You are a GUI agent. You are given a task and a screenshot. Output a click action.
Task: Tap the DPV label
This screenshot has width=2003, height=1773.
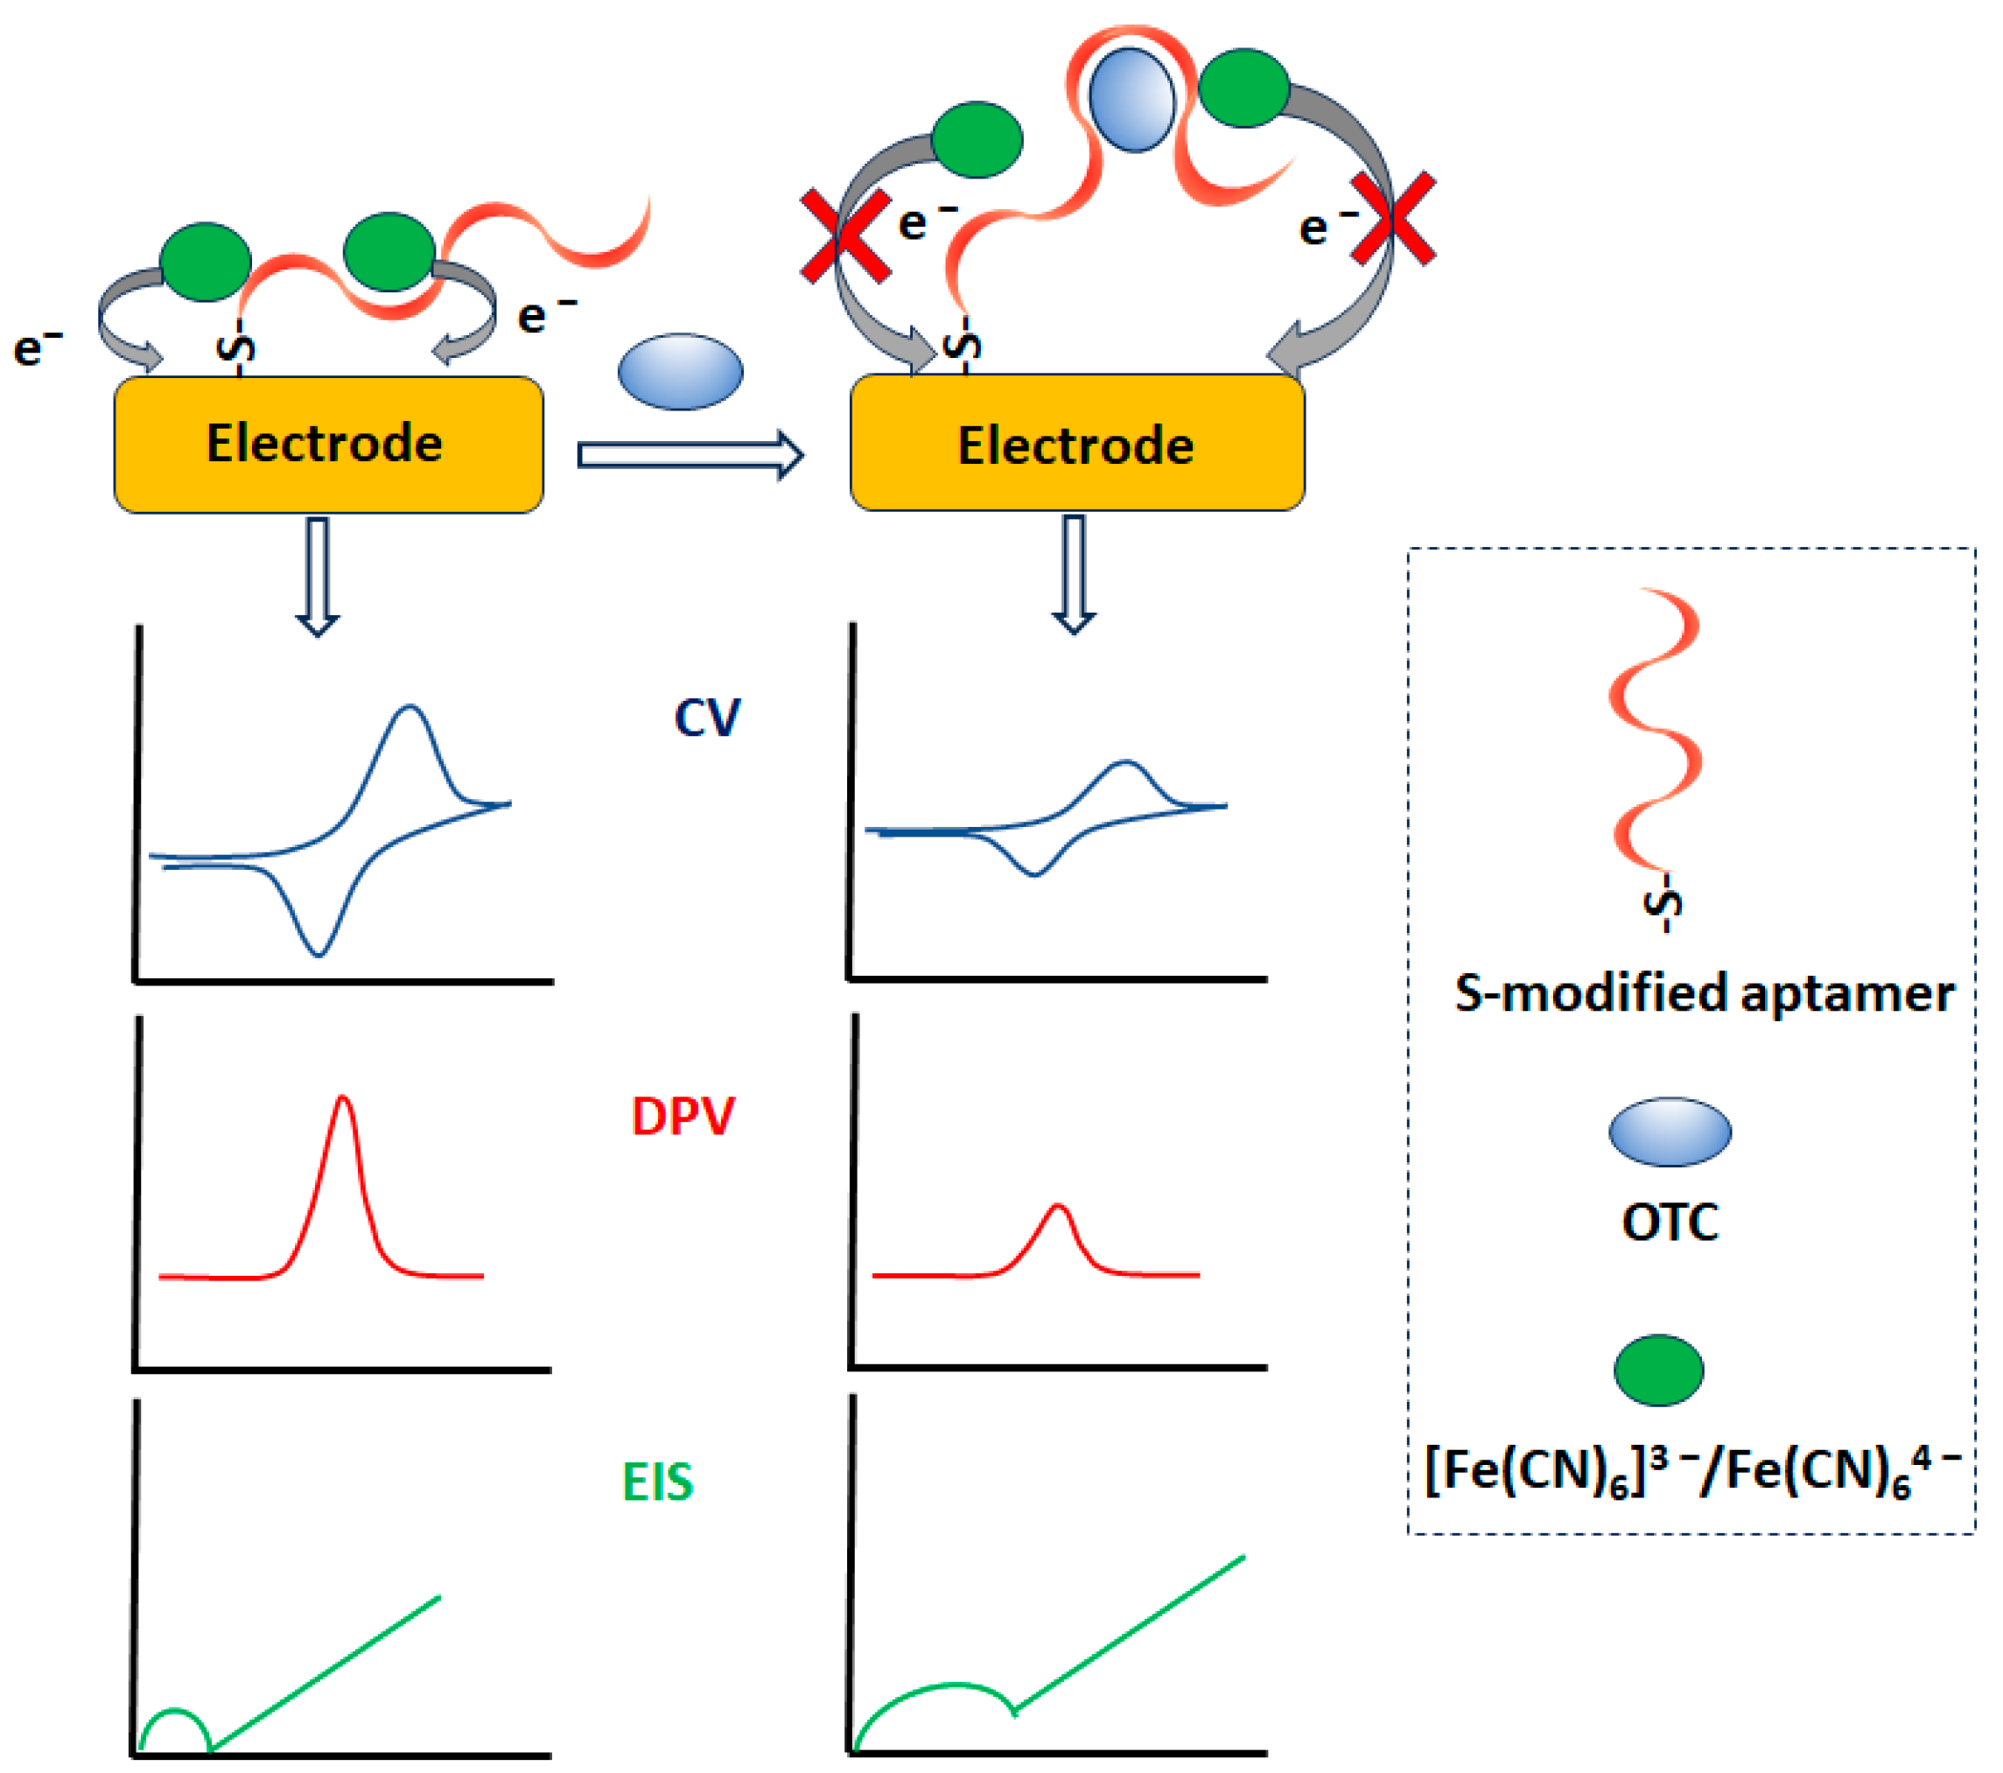(x=683, y=1117)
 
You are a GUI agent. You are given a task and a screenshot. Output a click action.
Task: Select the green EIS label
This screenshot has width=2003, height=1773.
(x=657, y=1481)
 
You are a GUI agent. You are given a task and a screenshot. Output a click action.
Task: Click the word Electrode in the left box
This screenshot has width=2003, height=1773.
(x=325, y=443)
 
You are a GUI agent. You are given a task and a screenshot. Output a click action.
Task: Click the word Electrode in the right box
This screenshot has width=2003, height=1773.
(x=1075, y=446)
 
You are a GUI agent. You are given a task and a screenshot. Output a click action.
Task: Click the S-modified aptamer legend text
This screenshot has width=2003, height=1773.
(x=1704, y=993)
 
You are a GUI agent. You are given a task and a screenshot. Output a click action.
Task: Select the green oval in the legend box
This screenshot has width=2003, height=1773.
(x=1658, y=1370)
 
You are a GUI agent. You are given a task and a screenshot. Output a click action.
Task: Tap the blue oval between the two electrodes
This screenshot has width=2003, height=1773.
(x=680, y=371)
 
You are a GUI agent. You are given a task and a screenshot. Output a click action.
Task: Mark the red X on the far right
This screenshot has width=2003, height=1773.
(x=1392, y=219)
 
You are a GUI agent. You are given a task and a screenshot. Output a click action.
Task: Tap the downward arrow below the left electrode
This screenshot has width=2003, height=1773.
(x=317, y=578)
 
